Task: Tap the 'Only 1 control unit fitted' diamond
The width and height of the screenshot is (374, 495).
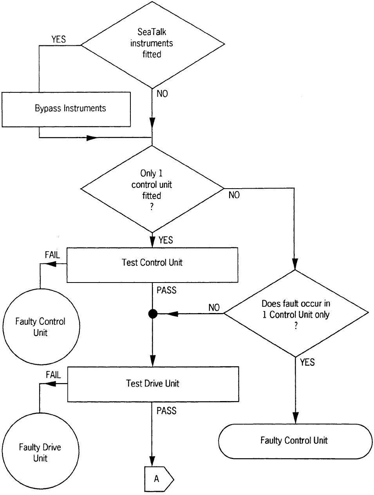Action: [152, 190]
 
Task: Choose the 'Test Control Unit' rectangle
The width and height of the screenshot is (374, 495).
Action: [152, 263]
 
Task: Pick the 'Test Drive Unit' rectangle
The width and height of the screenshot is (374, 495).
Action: [153, 384]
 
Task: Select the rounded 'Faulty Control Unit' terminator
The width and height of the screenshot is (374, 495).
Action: [295, 441]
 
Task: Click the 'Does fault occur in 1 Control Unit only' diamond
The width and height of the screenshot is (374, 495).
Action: [296, 313]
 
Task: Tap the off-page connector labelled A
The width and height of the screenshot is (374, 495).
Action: [159, 479]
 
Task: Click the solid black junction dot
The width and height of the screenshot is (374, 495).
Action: [152, 313]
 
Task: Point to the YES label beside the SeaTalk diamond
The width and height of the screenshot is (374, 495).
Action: [59, 39]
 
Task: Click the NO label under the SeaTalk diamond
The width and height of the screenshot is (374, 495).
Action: [162, 94]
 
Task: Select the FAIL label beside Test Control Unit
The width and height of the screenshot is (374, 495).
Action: [52, 255]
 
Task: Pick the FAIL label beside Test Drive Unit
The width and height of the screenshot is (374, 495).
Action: [53, 375]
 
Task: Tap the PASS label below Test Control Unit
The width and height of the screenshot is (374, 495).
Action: [166, 290]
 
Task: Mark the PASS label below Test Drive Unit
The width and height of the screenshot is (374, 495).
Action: [166, 411]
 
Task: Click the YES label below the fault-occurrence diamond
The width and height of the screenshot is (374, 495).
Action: [307, 363]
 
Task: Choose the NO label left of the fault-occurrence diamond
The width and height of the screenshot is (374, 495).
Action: [214, 308]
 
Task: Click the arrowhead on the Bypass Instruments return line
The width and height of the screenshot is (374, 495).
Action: [92, 138]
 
